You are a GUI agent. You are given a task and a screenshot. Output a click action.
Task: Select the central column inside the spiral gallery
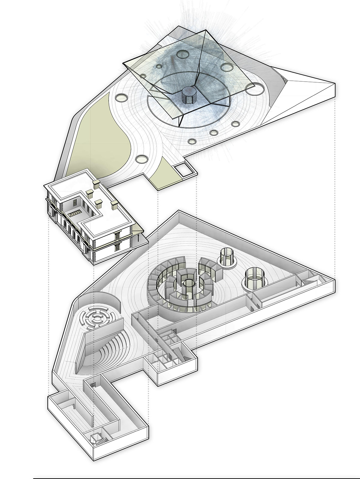click(188, 287)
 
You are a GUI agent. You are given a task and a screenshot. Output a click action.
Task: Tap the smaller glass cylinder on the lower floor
click(227, 257)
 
